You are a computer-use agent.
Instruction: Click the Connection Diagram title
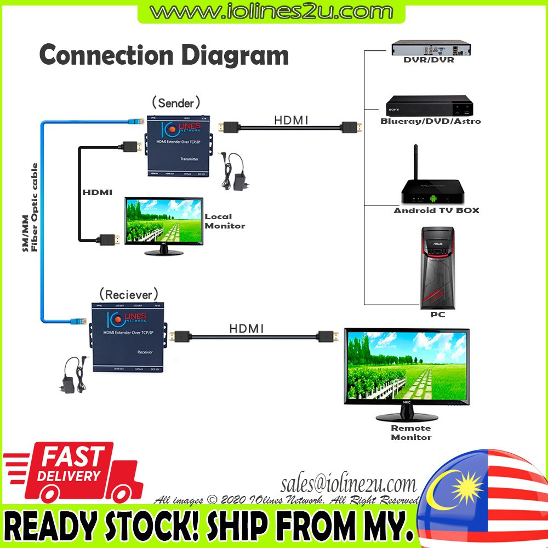click(164, 55)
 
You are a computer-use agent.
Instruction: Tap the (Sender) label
click(176, 102)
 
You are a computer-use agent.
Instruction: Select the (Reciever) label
click(129, 294)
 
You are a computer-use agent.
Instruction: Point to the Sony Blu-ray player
click(429, 105)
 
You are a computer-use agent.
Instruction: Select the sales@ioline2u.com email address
click(349, 484)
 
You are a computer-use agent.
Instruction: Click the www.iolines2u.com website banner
click(271, 11)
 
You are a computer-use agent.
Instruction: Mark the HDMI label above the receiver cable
click(246, 328)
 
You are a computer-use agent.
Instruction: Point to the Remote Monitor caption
click(410, 432)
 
